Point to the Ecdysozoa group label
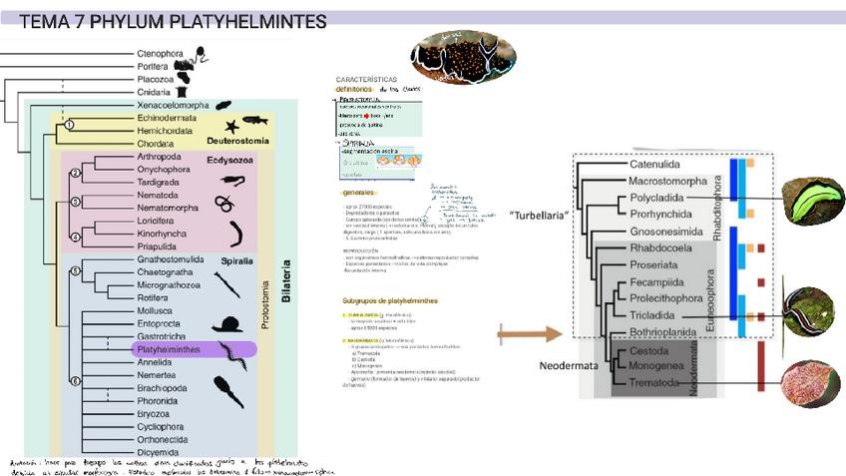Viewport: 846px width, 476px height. tap(230, 158)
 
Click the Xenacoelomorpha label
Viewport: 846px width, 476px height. tap(173, 105)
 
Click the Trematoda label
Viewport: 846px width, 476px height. tap(656, 383)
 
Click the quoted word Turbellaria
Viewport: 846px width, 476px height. tap(539, 216)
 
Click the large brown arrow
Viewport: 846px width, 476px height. tap(526, 334)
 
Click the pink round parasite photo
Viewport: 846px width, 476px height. tap(811, 385)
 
